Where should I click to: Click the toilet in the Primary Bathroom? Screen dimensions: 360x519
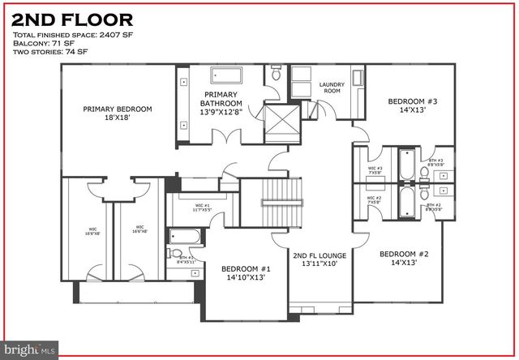coord(276,75)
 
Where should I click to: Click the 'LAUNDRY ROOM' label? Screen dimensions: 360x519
coord(332,88)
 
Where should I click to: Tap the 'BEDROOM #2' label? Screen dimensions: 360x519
coord(410,260)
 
